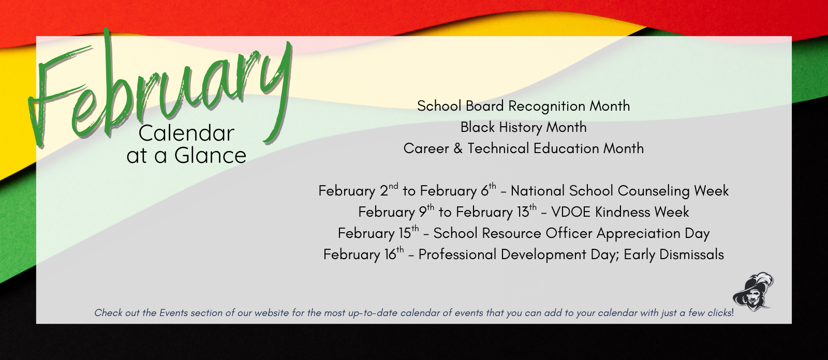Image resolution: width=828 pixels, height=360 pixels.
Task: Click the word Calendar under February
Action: pos(186,133)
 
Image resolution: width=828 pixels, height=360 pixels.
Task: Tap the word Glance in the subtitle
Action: pos(210,156)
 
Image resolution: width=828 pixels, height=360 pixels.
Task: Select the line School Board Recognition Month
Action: pos(523,106)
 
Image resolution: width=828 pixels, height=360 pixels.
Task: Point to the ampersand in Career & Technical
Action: pos(458,149)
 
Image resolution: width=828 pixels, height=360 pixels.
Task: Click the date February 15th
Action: pos(378,233)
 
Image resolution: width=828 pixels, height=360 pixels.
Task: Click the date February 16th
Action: pos(363,254)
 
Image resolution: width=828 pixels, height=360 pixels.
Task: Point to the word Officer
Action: pos(569,233)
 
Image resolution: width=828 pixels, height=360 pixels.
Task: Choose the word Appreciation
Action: pos(638,234)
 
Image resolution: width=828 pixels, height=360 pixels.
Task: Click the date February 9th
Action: pos(396,212)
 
